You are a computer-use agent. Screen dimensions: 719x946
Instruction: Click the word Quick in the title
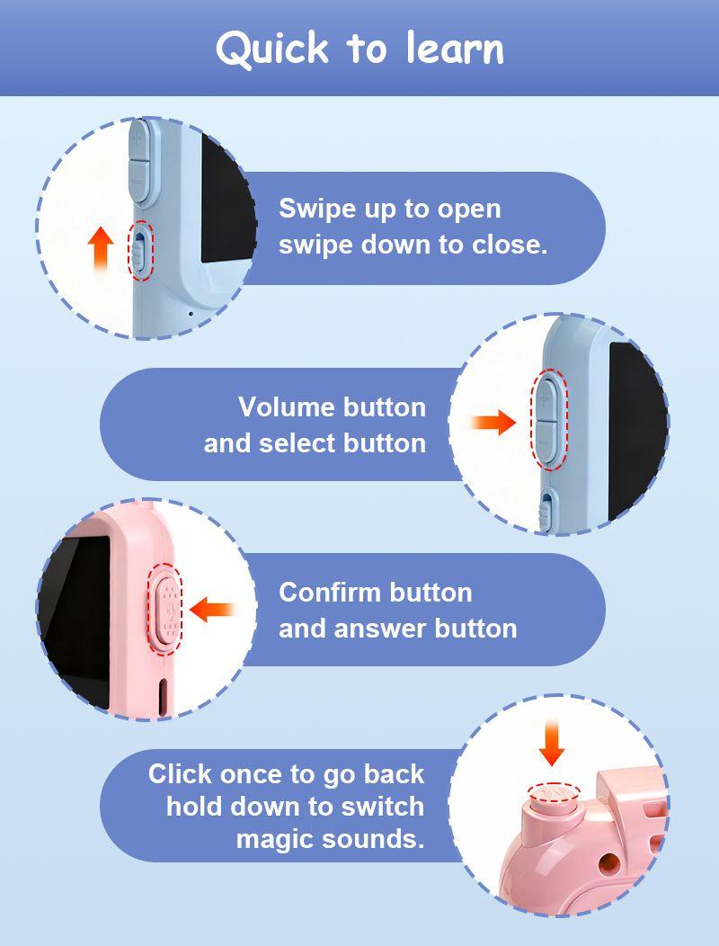pyautogui.click(x=272, y=49)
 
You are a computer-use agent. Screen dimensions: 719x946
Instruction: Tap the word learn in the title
pyautogui.click(x=455, y=48)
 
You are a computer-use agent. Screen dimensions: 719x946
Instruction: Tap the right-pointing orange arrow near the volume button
pyautogui.click(x=493, y=423)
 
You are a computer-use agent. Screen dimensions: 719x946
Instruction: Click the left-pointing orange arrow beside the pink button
pyautogui.click(x=212, y=610)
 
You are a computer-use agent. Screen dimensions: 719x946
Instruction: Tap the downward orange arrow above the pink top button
pyautogui.click(x=551, y=743)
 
